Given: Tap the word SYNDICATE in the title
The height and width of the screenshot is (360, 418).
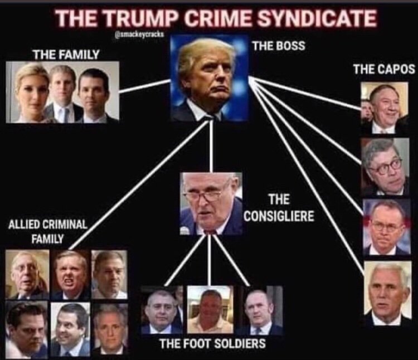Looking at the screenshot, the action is pyautogui.click(x=317, y=18).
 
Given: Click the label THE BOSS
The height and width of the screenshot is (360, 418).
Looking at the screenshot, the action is pyautogui.click(x=279, y=46).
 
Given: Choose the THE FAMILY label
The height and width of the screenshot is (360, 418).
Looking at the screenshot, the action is pyautogui.click(x=66, y=54).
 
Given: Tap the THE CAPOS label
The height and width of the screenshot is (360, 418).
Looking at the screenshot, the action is pyautogui.click(x=384, y=69).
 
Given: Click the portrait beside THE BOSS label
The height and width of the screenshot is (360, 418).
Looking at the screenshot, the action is pyautogui.click(x=209, y=78).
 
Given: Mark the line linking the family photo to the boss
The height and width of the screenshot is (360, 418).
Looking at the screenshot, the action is pyautogui.click(x=144, y=86).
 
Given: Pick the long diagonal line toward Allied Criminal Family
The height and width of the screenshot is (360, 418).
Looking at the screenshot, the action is pyautogui.click(x=139, y=184).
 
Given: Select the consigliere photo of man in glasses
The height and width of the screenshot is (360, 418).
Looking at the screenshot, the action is pyautogui.click(x=211, y=203).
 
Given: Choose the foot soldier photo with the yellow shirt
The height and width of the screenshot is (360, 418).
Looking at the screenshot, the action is pyautogui.click(x=210, y=310).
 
